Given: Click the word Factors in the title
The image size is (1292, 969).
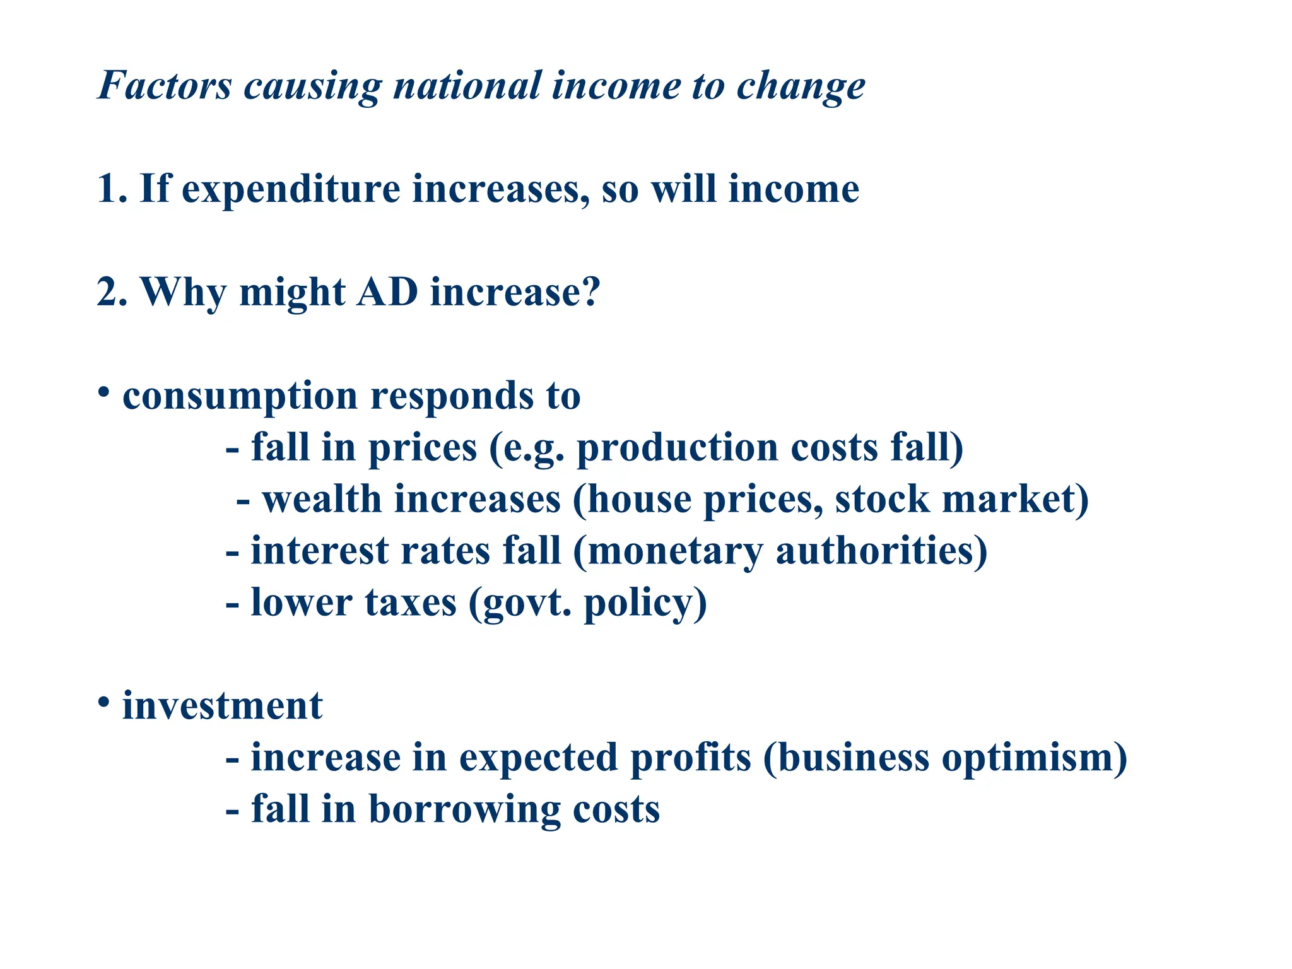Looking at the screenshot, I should point(165,85).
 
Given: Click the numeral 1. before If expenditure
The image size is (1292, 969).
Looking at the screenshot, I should point(112,189).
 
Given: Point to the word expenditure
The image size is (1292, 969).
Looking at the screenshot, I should point(291,190).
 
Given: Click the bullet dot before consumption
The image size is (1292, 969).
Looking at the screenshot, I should point(104,392).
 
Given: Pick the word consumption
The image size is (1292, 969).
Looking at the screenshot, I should point(240,397).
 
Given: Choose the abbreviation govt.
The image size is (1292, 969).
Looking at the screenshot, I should point(527,604).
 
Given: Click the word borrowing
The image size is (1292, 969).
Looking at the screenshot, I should point(464,810).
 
